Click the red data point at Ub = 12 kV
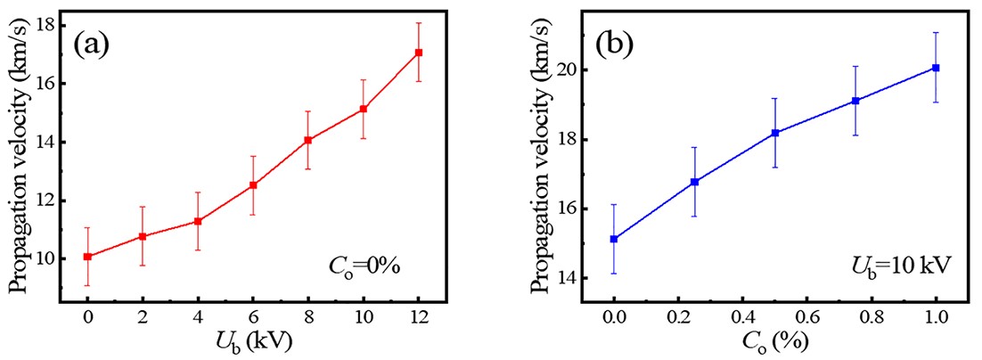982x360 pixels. pos(419,53)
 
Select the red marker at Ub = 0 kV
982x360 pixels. pos(87,257)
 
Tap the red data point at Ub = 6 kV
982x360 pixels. pos(253,184)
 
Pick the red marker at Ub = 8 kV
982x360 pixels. pos(308,140)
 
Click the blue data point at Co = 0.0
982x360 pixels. pos(614,239)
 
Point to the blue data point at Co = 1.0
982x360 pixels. pos(936,68)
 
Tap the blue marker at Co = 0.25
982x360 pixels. pos(694,182)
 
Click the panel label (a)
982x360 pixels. pos(91,43)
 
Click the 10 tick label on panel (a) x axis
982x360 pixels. pos(364,316)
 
